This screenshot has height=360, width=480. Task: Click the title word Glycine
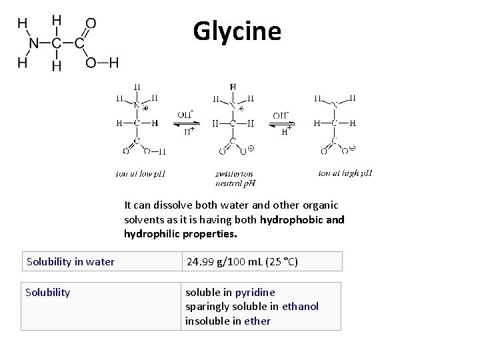(x=237, y=31)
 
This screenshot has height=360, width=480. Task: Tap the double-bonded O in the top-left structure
(x=91, y=23)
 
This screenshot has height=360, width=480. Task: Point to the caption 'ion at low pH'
(x=140, y=174)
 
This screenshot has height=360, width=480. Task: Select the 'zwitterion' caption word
(x=233, y=173)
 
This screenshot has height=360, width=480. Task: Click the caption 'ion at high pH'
(x=345, y=173)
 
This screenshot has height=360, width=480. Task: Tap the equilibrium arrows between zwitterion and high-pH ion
(x=283, y=123)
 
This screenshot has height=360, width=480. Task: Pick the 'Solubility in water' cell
(x=71, y=261)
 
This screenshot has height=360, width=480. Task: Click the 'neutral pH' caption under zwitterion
(x=235, y=182)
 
